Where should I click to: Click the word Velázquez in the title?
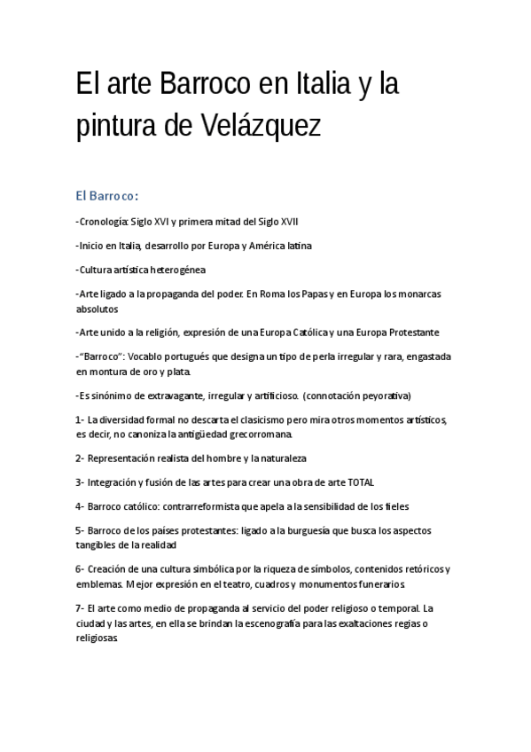263,126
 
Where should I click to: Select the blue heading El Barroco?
106,195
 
